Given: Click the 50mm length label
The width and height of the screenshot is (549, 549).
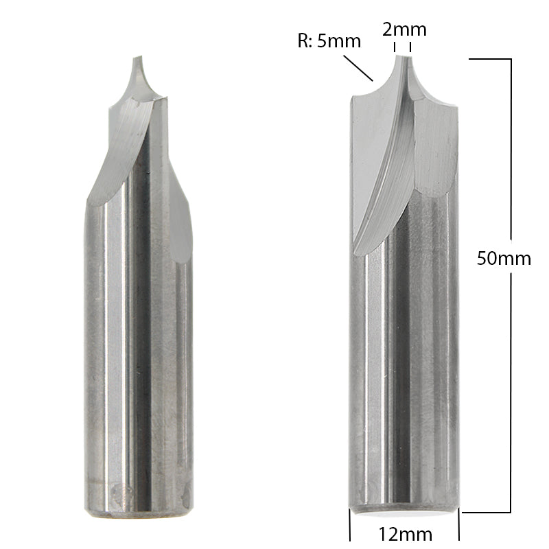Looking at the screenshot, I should (504, 258).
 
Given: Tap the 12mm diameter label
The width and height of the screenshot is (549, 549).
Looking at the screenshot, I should (404, 534).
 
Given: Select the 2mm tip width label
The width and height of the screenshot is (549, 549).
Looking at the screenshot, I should (404, 30).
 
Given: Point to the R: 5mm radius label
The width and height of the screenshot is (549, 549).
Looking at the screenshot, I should (329, 40).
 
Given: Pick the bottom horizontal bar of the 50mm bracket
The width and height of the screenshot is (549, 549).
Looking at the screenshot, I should (486, 512).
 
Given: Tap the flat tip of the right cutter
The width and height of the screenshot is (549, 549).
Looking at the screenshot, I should (402, 56).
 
